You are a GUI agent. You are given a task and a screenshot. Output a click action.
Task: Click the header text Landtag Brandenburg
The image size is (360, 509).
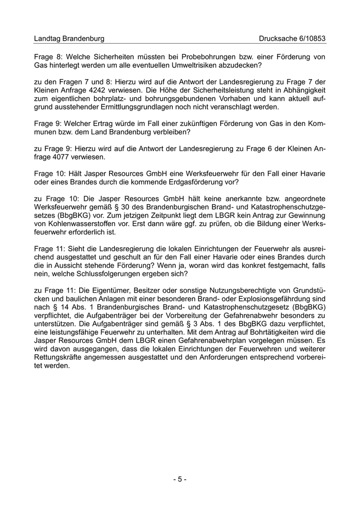click(69, 39)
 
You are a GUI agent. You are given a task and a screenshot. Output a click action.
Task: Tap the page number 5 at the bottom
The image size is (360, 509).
click(179, 479)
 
